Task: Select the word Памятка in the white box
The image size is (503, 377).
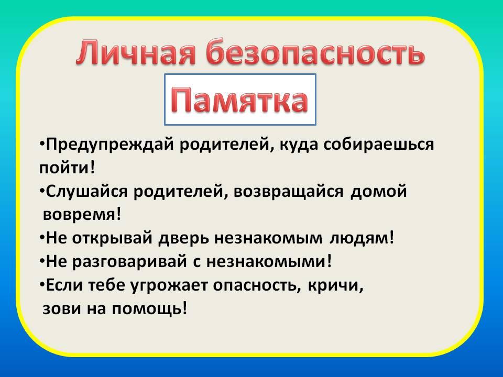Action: (x=239, y=99)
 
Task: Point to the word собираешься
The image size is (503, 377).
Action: (x=378, y=145)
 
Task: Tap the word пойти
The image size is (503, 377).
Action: (x=67, y=168)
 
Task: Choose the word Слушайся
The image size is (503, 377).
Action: (x=86, y=192)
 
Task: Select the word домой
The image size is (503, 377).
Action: (x=378, y=192)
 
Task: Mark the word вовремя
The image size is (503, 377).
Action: (x=82, y=215)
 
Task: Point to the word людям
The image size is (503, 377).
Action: (x=362, y=239)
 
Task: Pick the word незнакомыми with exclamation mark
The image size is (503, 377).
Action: (x=269, y=262)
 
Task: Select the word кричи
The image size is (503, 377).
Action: (x=336, y=285)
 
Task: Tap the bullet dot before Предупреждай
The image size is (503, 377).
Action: (x=42, y=142)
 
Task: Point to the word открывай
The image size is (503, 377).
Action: (x=112, y=239)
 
